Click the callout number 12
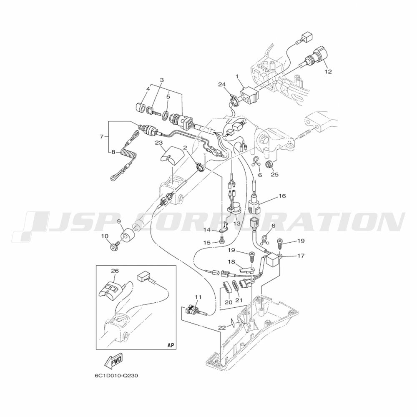[x=328, y=72]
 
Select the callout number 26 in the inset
[x=115, y=271]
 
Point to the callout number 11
[x=198, y=297]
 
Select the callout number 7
[x=101, y=137]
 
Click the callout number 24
[x=222, y=85]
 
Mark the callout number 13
[x=236, y=224]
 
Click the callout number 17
[x=301, y=256]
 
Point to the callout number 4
[x=148, y=89]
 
